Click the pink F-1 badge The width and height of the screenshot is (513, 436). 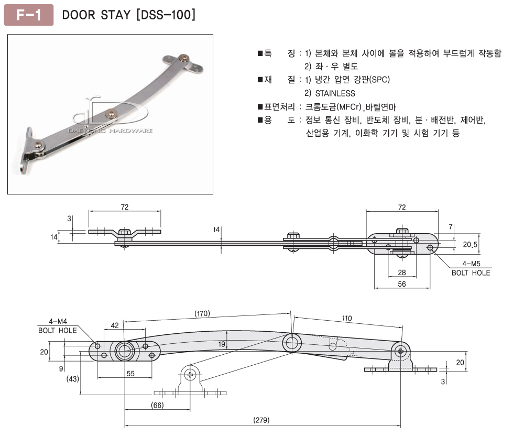click(29, 15)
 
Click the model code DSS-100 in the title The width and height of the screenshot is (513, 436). click(166, 15)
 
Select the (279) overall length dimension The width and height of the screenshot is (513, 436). click(261, 420)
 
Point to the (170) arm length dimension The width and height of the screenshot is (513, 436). click(202, 314)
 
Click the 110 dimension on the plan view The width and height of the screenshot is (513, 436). click(347, 318)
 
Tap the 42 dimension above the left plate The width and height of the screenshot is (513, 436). click(115, 325)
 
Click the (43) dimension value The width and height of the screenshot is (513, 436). click(73, 378)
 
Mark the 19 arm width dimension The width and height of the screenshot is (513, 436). click(222, 344)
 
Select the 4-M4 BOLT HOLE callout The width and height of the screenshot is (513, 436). click(57, 325)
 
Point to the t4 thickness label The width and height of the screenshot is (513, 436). click(217, 229)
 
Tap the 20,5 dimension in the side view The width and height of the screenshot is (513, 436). click(470, 244)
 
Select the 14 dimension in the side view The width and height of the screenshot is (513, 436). click(53, 237)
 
